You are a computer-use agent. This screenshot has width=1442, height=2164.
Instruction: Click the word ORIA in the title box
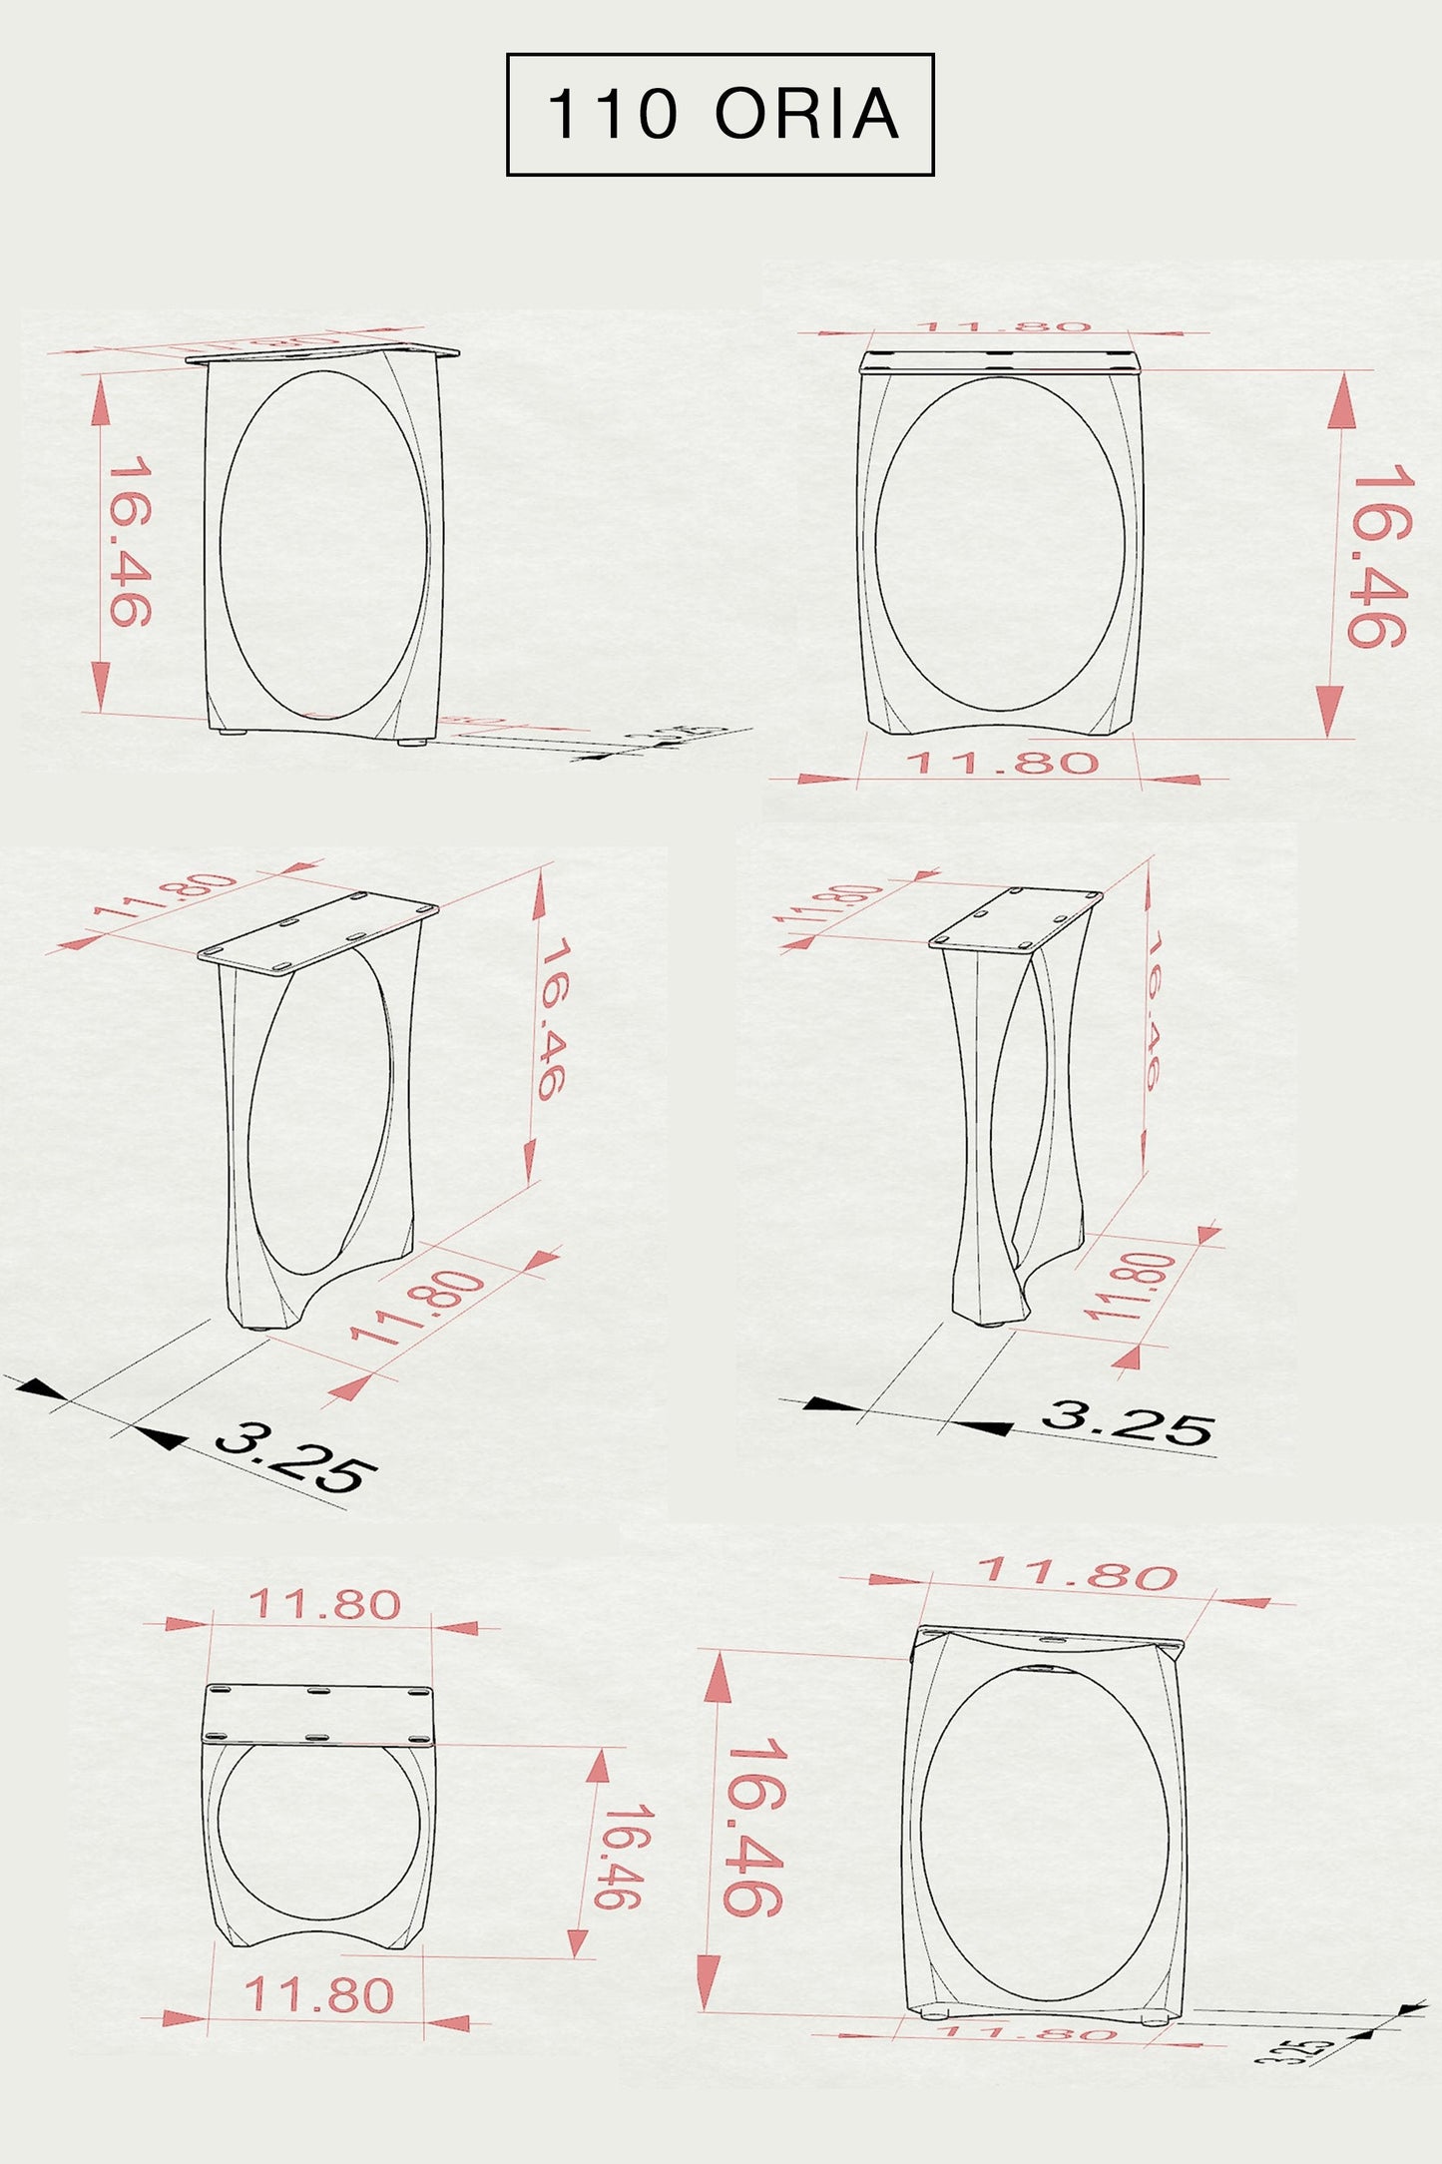pyautogui.click(x=806, y=114)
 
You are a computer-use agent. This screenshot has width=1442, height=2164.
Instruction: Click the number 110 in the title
pyautogui.click(x=613, y=114)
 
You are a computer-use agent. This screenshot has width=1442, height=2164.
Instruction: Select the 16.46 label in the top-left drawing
pyautogui.click(x=130, y=541)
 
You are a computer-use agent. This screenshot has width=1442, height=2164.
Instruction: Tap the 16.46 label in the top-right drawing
pyautogui.click(x=1380, y=555)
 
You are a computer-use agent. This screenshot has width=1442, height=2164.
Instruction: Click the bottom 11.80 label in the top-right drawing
pyautogui.click(x=1001, y=764)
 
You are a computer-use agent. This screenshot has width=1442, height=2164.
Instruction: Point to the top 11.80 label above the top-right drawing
pyautogui.click(x=1004, y=326)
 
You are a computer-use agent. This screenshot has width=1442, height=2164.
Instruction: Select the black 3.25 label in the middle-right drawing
pyautogui.click(x=1127, y=1422)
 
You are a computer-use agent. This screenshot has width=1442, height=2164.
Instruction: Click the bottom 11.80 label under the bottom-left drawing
pyautogui.click(x=319, y=1995)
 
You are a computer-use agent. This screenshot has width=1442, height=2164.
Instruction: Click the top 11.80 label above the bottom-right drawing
pyautogui.click(x=1077, y=1573)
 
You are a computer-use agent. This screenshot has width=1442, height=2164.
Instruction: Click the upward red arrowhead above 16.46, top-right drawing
pyautogui.click(x=1341, y=399)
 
